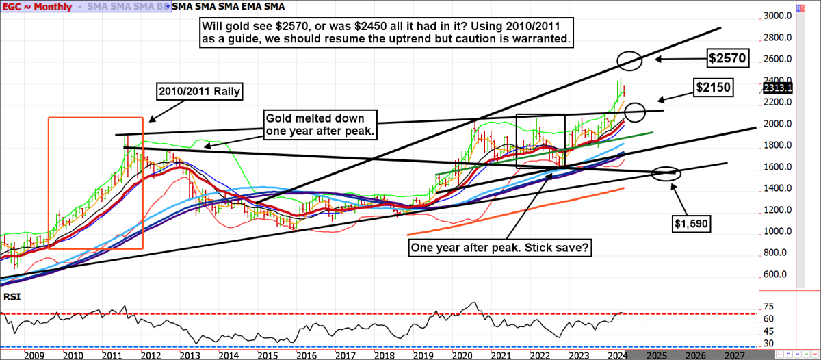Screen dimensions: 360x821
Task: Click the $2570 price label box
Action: pos(727,59)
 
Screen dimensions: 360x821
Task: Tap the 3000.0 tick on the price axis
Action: pos(777,16)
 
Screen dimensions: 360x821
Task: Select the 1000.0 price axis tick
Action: pos(777,231)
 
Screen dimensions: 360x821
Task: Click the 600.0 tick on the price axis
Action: pos(777,274)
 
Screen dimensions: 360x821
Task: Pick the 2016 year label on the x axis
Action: pos(303,356)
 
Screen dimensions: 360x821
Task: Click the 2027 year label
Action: pos(735,356)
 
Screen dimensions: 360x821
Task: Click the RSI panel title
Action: pos(12,298)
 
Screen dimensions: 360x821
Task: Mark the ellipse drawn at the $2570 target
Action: pos(628,60)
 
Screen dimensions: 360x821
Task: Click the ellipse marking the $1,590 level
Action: pos(666,173)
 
